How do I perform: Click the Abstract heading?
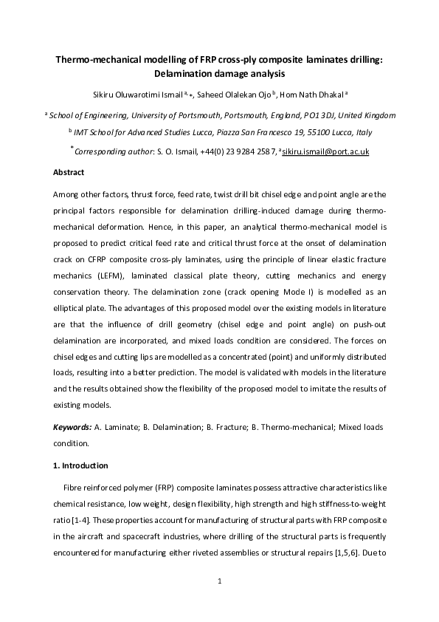(69, 172)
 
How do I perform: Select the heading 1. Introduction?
(80, 465)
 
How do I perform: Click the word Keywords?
(72, 427)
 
